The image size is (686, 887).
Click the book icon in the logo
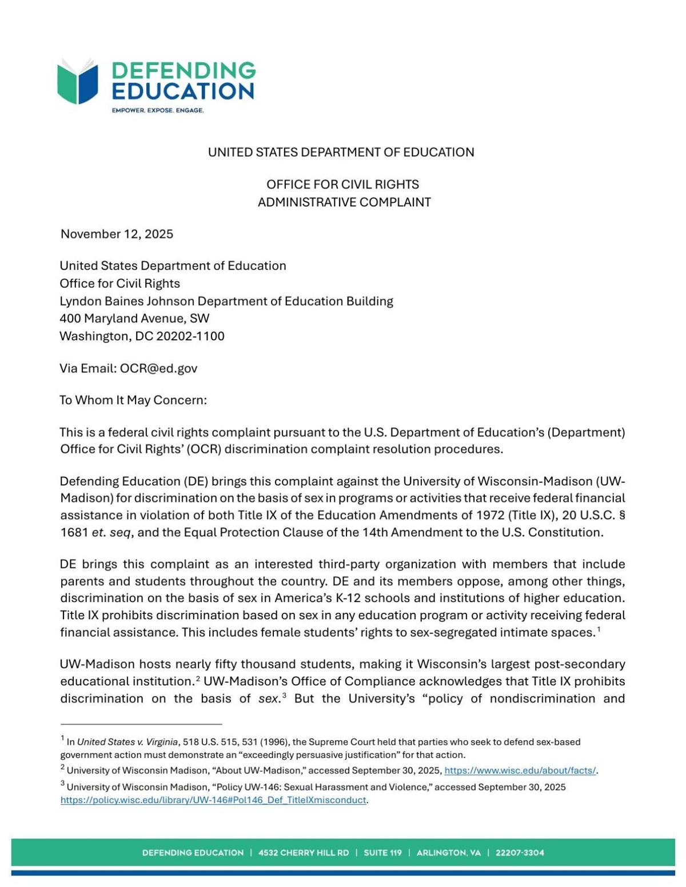click(78, 82)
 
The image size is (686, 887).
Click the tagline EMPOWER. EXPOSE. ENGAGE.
click(158, 110)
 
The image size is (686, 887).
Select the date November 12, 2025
click(117, 234)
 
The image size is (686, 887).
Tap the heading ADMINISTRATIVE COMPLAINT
click(344, 202)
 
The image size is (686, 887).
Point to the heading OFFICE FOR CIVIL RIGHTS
click(342, 184)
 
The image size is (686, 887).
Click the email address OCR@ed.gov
click(158, 368)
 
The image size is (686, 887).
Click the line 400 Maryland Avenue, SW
click(134, 318)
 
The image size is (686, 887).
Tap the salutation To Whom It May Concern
click(133, 400)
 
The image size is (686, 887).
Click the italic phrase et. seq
click(112, 532)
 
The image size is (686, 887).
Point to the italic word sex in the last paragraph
click(268, 699)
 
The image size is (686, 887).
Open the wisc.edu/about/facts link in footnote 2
click(520, 770)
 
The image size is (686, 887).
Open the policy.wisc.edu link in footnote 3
click(213, 800)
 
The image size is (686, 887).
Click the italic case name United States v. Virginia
click(127, 742)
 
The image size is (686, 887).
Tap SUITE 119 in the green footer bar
click(382, 853)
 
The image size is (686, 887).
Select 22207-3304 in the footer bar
click(520, 853)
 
